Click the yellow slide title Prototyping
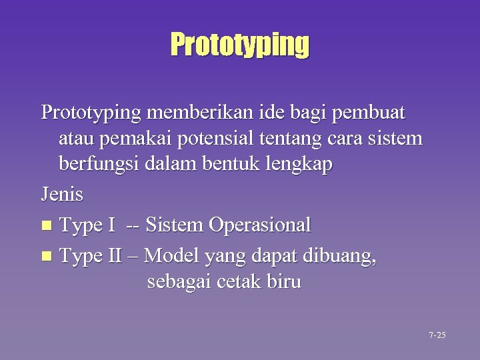click(240, 45)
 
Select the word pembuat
click(375, 112)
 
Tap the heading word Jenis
click(62, 195)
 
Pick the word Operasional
click(259, 225)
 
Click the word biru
click(285, 282)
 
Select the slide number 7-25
click(437, 335)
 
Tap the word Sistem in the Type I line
click(174, 225)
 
